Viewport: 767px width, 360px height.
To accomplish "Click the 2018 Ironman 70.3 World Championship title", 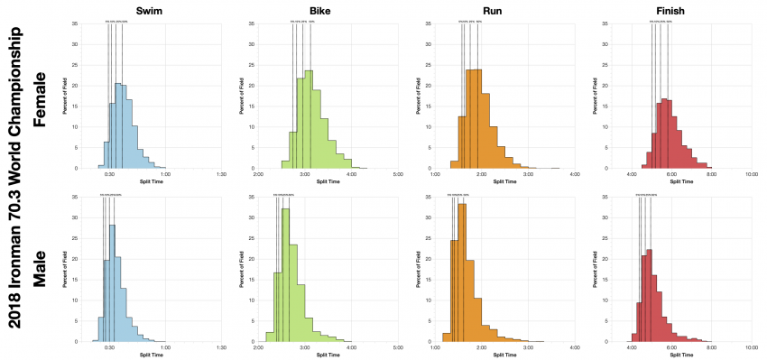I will [13, 180].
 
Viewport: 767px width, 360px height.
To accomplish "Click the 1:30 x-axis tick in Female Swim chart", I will [222, 176].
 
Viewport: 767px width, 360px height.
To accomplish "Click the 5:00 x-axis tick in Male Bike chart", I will [398, 349].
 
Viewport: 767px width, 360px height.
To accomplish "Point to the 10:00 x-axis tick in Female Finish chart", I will [752, 176].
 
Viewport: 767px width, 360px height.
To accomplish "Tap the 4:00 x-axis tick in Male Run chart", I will [575, 349].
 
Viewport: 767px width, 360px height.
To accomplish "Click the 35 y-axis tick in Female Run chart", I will [426, 21].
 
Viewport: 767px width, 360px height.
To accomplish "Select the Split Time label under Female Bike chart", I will [328, 183].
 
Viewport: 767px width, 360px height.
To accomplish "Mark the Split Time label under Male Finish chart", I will [682, 356].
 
